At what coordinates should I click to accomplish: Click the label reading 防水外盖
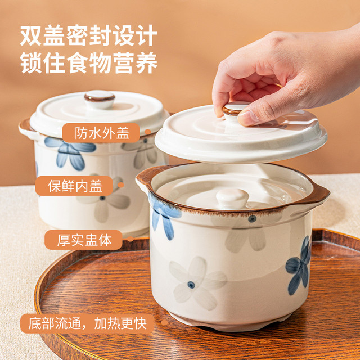coord(102,133)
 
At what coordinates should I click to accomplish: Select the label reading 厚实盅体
coord(84,240)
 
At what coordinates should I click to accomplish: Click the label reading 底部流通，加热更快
coord(87,323)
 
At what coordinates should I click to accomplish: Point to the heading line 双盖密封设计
coord(89,35)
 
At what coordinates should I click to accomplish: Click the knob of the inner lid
coord(232,198)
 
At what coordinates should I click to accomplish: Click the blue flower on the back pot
coord(70,152)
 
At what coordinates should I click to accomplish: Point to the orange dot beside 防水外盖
coord(147,132)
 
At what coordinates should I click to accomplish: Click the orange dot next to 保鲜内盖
coord(121,185)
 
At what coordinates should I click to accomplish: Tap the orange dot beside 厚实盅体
coord(130,239)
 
